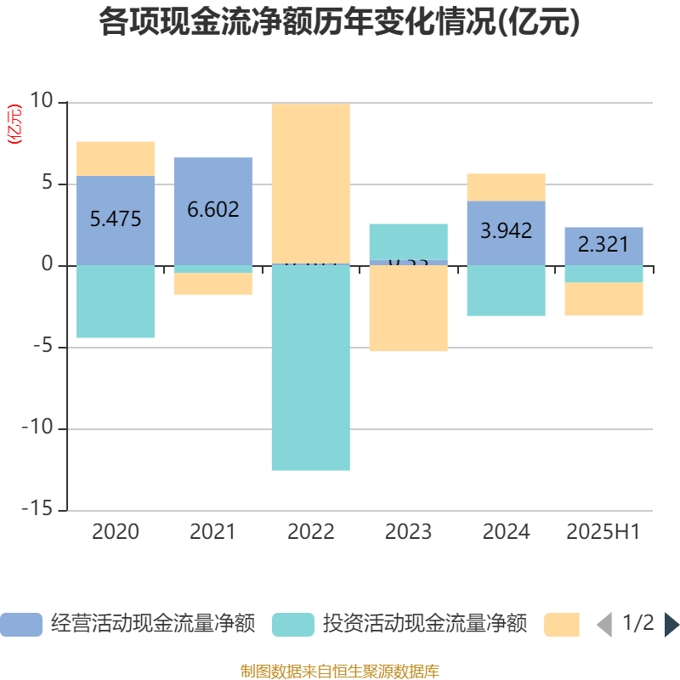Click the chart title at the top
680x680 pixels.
point(340,22)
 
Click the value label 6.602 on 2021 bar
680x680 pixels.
point(213,209)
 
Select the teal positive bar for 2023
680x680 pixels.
point(409,241)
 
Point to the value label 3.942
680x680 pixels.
point(507,230)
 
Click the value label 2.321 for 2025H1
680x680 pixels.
point(603,245)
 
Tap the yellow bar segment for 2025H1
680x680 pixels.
point(603,299)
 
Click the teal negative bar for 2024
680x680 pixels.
point(507,291)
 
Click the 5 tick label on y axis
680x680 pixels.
point(48,184)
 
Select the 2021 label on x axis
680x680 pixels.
point(212,532)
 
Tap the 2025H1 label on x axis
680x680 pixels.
point(603,532)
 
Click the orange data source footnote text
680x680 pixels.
point(340,671)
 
